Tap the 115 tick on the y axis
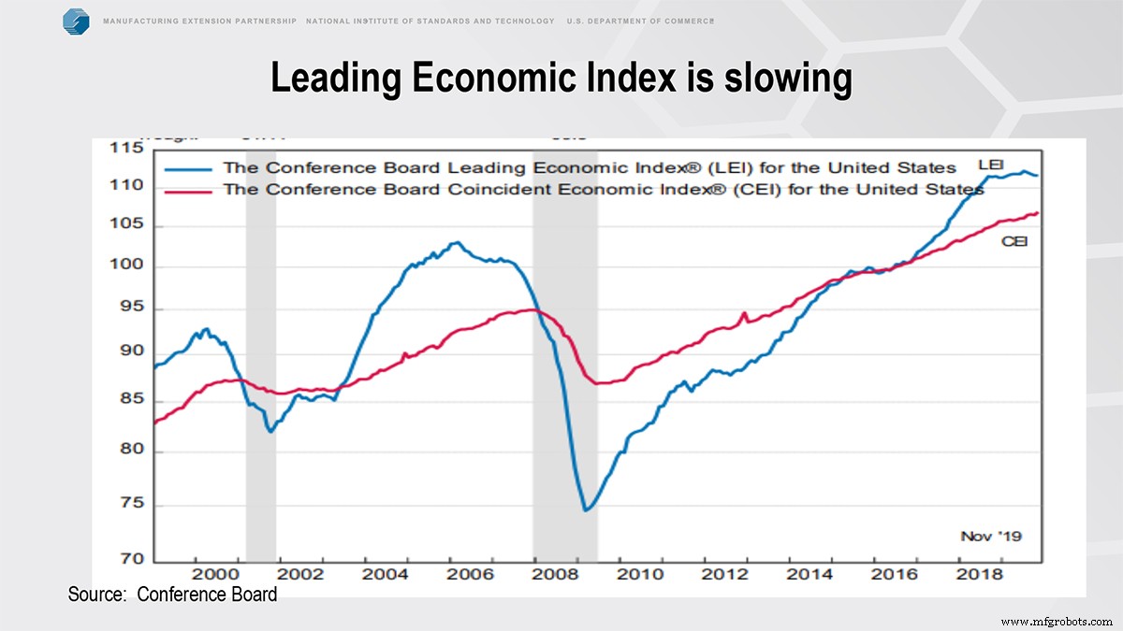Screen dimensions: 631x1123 127,149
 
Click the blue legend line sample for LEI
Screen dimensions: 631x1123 191,169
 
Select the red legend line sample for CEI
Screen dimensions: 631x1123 191,190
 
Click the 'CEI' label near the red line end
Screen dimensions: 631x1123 1014,241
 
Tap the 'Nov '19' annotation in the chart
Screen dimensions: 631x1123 991,536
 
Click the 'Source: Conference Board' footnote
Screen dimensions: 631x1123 172,595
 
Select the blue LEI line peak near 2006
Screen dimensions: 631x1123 455,243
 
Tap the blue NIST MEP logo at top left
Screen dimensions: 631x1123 76,21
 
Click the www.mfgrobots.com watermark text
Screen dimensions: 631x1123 1056,621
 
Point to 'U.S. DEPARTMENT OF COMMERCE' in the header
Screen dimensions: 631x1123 640,21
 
